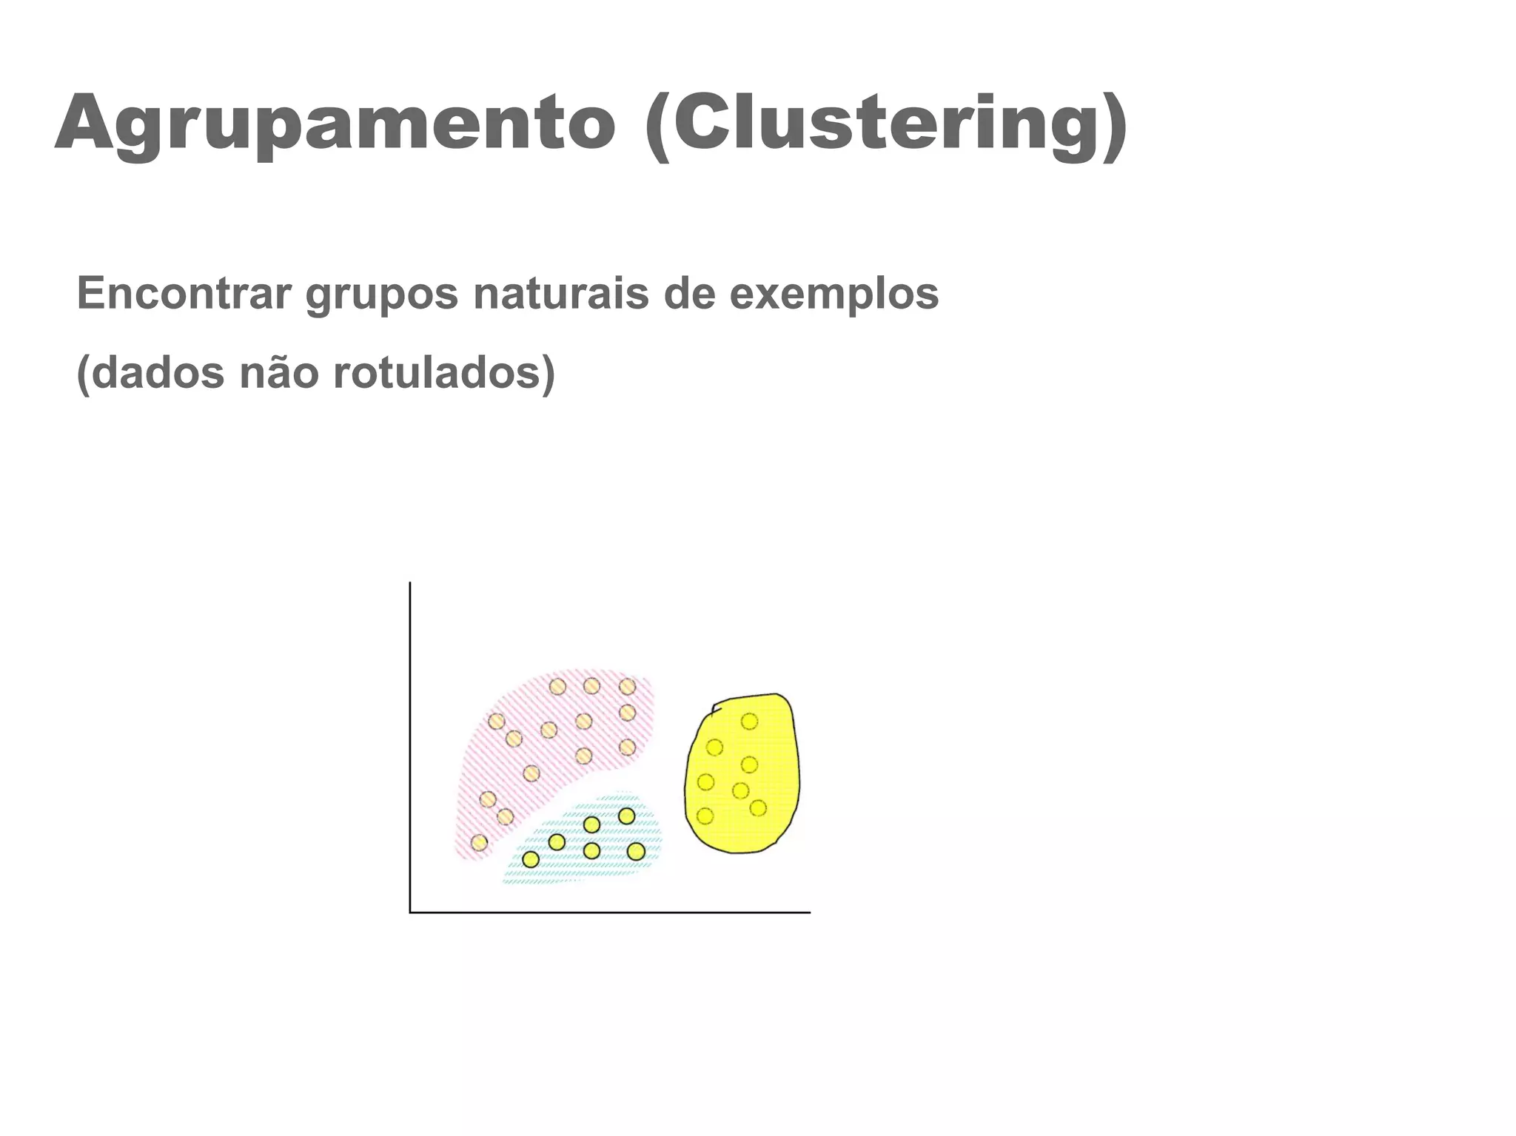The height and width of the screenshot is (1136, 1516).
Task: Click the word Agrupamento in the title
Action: (335, 123)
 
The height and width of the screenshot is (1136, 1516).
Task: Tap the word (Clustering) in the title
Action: (886, 123)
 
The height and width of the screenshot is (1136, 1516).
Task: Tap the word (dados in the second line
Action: (150, 372)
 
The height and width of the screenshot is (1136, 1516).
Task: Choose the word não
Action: (279, 372)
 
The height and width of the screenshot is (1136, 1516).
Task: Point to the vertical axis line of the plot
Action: (410, 740)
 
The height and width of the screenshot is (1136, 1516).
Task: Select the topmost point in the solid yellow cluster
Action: (749, 721)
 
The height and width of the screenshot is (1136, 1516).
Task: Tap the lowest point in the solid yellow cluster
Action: (705, 816)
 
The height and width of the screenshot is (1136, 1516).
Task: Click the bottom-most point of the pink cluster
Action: (480, 842)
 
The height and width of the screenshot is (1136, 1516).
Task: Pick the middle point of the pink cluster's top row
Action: (591, 686)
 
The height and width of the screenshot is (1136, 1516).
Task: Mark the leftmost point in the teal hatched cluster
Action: (531, 859)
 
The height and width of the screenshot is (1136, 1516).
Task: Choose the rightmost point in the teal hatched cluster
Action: (636, 851)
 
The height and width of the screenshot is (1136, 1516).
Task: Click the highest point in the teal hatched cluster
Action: (626, 816)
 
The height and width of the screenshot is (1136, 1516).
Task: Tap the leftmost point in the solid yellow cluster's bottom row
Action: (705, 816)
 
